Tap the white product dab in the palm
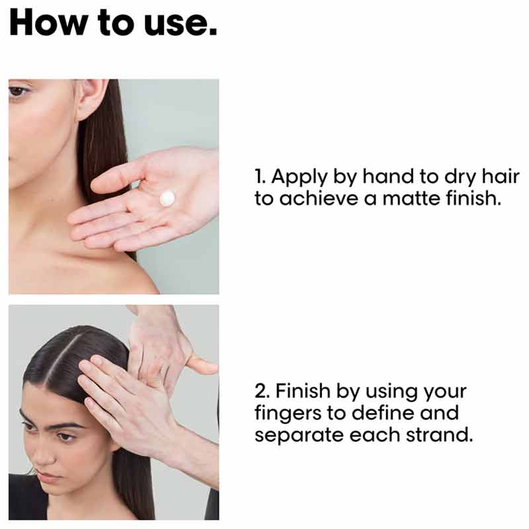tap(167, 198)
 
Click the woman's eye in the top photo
tap(18, 91)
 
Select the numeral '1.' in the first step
tap(261, 177)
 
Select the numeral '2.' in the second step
tap(263, 391)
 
